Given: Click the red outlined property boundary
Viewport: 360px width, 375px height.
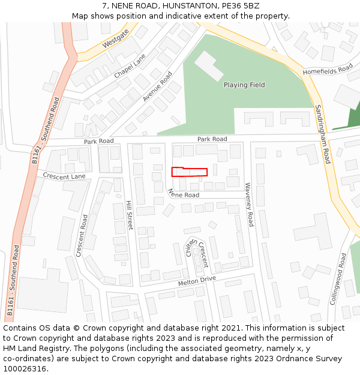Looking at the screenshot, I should coord(190,172).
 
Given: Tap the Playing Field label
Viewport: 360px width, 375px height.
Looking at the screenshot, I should coord(244,85).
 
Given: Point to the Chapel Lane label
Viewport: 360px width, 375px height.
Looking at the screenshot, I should coord(130,66).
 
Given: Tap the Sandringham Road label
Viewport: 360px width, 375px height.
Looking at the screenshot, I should coord(323,134).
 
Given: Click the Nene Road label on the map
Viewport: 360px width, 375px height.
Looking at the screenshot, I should coord(184,194).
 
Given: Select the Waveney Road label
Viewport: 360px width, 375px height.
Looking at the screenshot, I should coord(249,205).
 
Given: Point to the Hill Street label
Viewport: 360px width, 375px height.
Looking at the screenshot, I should coord(129,215).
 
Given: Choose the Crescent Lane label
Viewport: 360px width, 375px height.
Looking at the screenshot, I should coord(64,176).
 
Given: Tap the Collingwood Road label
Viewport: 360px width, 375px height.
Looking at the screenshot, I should coord(338,278).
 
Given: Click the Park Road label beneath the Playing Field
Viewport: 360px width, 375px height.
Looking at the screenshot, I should coord(212,139).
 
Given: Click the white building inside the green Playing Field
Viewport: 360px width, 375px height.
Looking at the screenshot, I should coord(209,66).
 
